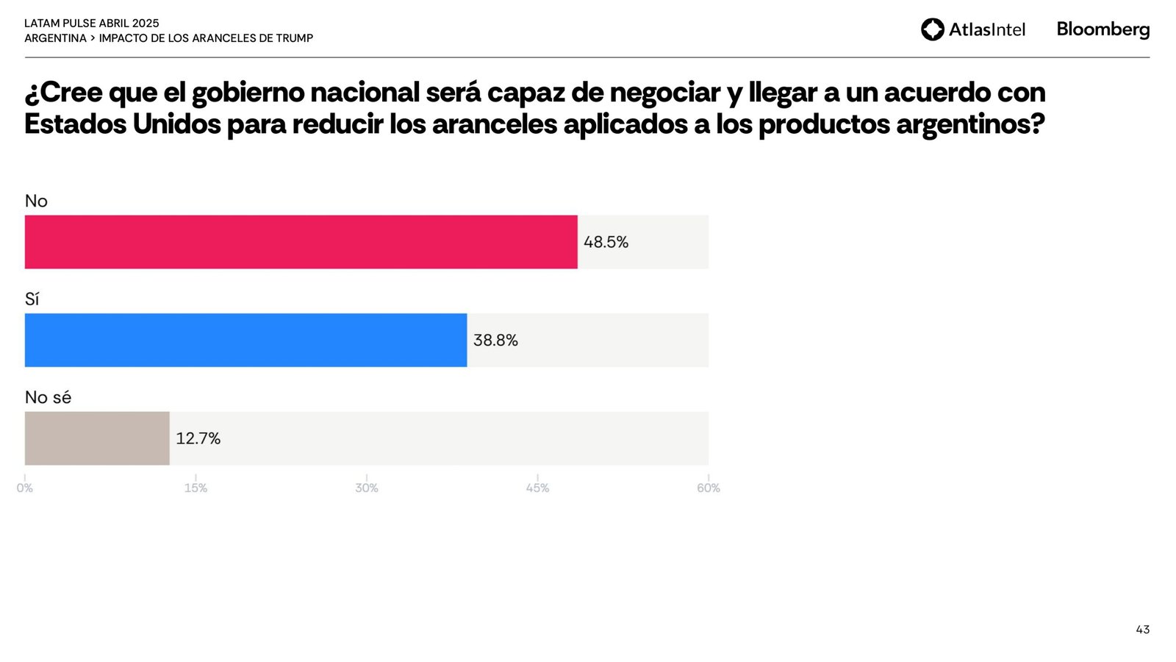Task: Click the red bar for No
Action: click(x=301, y=242)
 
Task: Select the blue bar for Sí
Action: click(x=245, y=340)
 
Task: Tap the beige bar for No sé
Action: click(x=97, y=438)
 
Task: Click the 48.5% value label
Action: click(x=606, y=242)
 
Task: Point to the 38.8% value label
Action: click(x=495, y=340)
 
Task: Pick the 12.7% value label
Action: click(x=198, y=438)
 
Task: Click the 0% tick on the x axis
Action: click(x=25, y=488)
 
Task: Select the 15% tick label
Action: click(x=196, y=488)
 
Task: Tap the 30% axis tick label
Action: click(x=367, y=488)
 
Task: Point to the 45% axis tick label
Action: click(x=537, y=488)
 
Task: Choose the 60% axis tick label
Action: click(x=709, y=488)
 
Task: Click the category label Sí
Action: click(x=32, y=299)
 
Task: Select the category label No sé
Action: click(x=48, y=397)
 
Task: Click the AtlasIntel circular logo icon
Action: click(x=933, y=29)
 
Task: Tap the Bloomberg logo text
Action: click(x=1102, y=29)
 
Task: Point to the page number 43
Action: click(x=1142, y=630)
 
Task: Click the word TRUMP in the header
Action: click(x=294, y=38)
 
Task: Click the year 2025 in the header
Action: click(x=146, y=24)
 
